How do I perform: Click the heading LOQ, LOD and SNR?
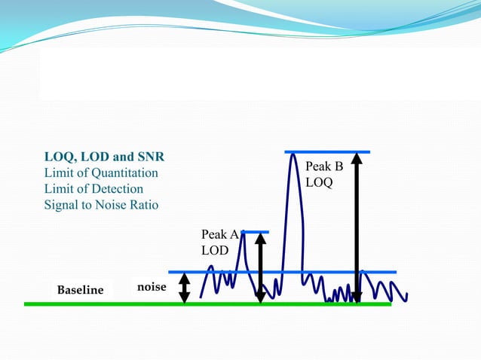coord(104,157)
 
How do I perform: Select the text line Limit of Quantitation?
coord(101,173)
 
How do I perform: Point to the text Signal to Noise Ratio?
coord(101,205)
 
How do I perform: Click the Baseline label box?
coord(81,290)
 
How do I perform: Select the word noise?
coord(152,287)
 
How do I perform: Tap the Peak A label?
coord(219,235)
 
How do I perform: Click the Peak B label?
coord(324,166)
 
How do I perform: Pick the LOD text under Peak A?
coord(214,251)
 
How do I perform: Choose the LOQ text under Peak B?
coord(319,182)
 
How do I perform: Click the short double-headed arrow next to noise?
coord(185,288)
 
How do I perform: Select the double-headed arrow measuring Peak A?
coord(260,267)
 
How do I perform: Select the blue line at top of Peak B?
coord(328,152)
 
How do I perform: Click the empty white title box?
coord(256,75)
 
